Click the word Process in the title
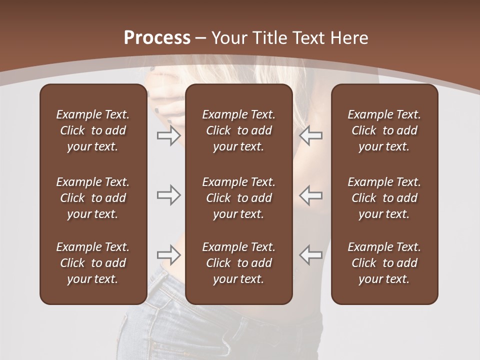[157, 38]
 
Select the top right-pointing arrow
[169, 135]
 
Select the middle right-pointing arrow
[169, 195]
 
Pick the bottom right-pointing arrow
[169, 255]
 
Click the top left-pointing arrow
[310, 135]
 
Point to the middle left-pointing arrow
[310, 195]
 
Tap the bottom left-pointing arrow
[310, 255]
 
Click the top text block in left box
[93, 130]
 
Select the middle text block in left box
[93, 198]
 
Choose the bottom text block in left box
[93, 263]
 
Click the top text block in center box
[238, 130]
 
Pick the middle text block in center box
[238, 198]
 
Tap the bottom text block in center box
[238, 263]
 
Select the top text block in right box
[384, 130]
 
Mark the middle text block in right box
[384, 198]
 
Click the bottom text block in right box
[384, 263]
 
